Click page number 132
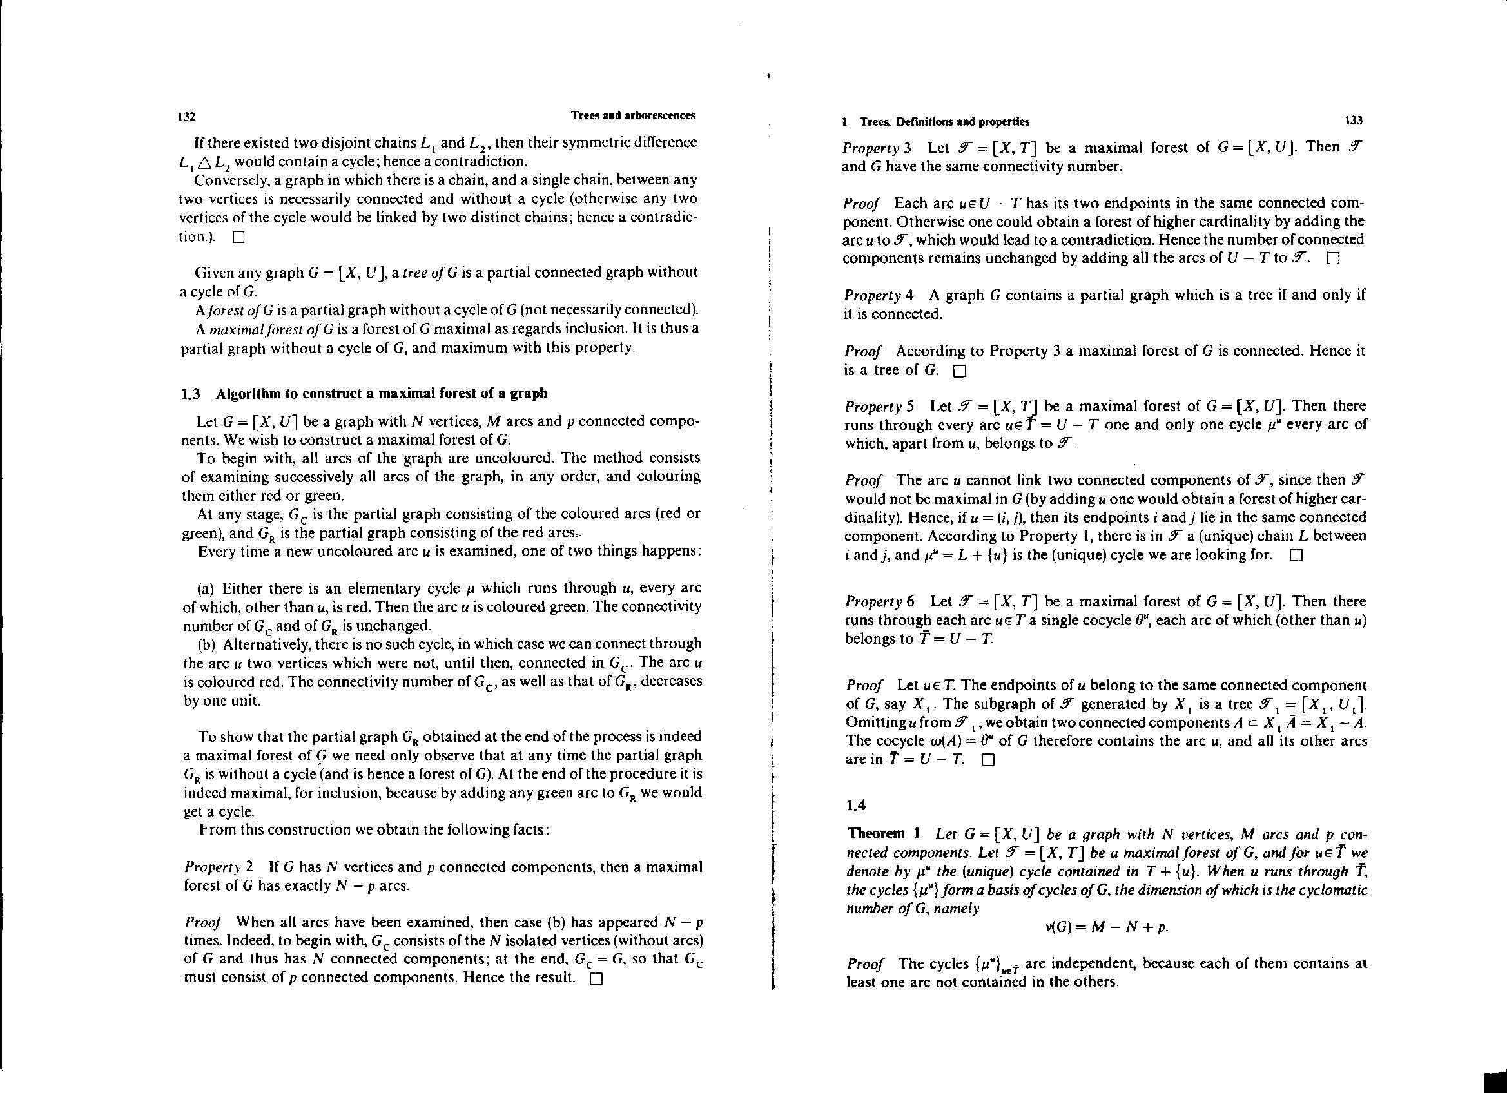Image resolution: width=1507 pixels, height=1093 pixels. tap(187, 117)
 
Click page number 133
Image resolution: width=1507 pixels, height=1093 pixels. tap(1354, 121)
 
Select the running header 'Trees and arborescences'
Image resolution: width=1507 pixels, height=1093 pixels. tap(632, 115)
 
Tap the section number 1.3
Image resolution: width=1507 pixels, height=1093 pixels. tap(191, 393)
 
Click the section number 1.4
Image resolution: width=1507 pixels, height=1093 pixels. tap(857, 806)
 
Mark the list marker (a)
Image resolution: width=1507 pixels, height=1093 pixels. tap(206, 588)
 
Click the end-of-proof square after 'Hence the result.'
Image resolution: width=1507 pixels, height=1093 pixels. tap(596, 979)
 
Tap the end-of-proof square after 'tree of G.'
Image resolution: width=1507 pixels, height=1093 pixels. tap(958, 371)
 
